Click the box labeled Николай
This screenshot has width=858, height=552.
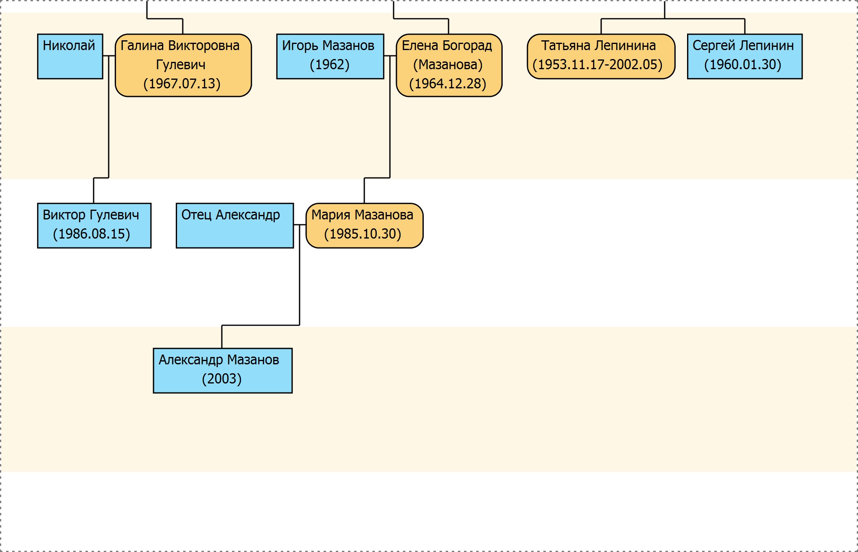click(x=70, y=56)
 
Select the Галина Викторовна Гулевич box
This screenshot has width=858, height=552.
click(x=183, y=65)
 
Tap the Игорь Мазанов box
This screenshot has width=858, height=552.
click(x=330, y=56)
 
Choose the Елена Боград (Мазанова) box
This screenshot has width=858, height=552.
click(x=449, y=65)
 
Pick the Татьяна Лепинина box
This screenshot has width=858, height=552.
click(x=601, y=56)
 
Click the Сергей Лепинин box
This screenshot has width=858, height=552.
click(x=745, y=56)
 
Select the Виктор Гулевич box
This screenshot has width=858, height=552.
click(x=94, y=226)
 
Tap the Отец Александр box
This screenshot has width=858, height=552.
click(x=235, y=226)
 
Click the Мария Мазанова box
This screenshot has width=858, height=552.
click(x=364, y=226)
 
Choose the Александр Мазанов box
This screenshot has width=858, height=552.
click(x=223, y=370)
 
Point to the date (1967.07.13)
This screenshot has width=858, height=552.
click(x=182, y=84)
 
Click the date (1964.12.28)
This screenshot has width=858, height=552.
click(x=448, y=84)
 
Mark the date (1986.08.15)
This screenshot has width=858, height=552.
click(x=92, y=234)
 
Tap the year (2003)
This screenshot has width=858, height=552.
click(x=222, y=379)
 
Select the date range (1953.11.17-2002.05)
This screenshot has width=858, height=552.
click(x=598, y=65)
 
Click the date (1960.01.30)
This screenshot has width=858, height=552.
click(x=743, y=65)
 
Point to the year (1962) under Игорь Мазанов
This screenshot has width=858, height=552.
click(x=330, y=65)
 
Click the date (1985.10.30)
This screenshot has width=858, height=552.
click(x=363, y=234)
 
